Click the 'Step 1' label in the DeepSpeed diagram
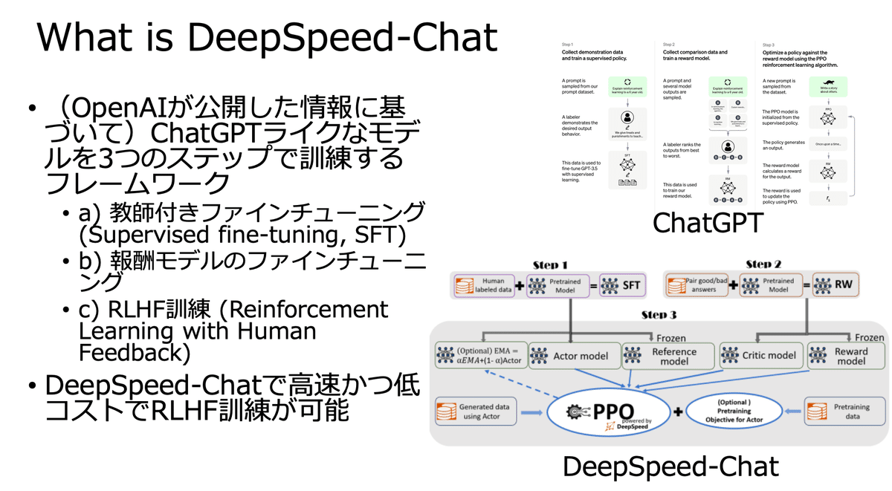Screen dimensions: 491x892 (x=551, y=264)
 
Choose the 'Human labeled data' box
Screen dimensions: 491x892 (x=484, y=286)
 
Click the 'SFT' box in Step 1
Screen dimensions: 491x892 (x=623, y=286)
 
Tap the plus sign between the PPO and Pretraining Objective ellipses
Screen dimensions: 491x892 (x=677, y=412)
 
